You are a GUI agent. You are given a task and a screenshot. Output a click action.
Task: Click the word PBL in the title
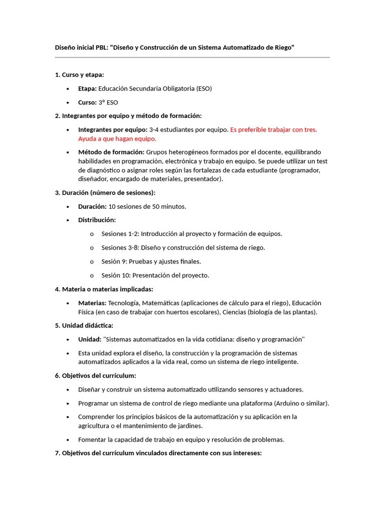coord(102,47)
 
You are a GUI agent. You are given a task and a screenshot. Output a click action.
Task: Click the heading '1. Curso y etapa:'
coord(79,75)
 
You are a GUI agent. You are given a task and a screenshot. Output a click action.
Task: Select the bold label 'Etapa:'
coord(87,89)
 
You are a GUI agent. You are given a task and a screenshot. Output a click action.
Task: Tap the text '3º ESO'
coord(108,102)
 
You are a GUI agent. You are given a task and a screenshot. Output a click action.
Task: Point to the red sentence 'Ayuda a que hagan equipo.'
coord(117,139)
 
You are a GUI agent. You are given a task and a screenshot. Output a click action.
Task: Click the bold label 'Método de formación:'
coord(111,152)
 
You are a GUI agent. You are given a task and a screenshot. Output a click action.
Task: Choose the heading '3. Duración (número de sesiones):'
coord(105,193)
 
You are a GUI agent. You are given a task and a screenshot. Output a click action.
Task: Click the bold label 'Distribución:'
coord(97,220)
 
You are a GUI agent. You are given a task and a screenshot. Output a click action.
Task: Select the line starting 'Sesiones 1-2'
coord(191,234)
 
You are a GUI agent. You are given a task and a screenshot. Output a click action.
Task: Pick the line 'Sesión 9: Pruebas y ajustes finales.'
coord(151,262)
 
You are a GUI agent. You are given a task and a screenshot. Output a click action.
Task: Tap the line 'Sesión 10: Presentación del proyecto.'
coord(155,275)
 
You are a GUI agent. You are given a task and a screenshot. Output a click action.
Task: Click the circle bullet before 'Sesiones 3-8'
coord(92,248)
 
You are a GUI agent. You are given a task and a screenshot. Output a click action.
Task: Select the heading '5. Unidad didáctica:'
coord(84,326)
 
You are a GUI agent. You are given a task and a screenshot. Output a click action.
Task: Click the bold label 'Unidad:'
coord(90,339)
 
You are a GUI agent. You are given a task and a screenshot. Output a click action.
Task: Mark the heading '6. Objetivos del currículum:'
coord(95,375)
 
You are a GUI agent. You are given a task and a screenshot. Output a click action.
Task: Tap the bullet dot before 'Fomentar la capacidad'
coord(68,440)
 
